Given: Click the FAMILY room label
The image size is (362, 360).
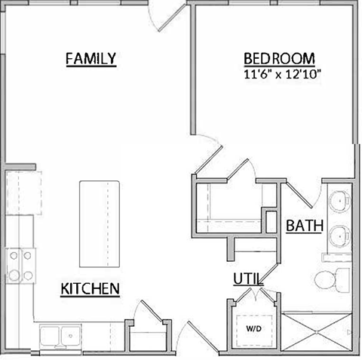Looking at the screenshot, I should [x=90, y=58].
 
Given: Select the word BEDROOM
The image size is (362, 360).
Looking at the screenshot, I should [x=278, y=59].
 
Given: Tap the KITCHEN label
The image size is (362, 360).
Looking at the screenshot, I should [x=90, y=288].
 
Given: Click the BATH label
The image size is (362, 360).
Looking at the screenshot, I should [x=305, y=225].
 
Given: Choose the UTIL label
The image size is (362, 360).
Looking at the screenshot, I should [x=247, y=278].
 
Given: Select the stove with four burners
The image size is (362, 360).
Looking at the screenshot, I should [x=20, y=264].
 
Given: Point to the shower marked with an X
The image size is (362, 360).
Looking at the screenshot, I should [x=317, y=331].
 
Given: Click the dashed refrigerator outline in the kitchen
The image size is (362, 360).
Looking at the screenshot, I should [x=20, y=195].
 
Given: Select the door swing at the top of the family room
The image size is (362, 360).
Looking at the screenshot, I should [x=167, y=15].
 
